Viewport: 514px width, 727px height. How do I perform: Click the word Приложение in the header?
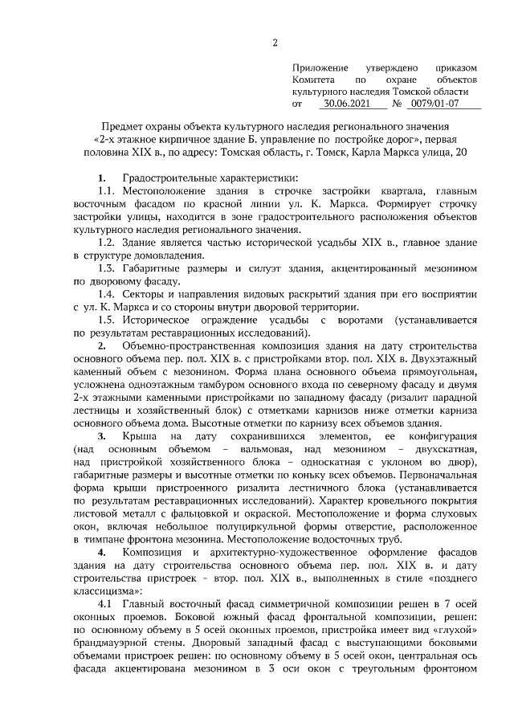(x=320, y=70)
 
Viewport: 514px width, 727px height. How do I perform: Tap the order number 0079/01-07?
(x=435, y=104)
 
